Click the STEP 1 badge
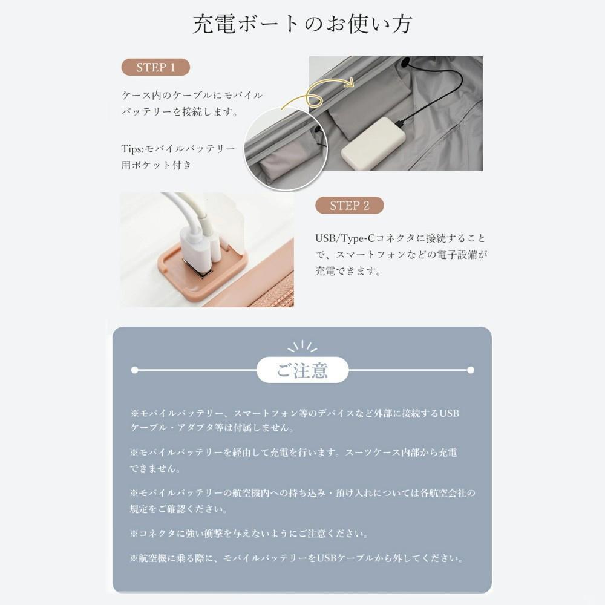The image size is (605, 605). [155, 67]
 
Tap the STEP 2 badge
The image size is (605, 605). [349, 206]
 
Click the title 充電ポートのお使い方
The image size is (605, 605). [302, 24]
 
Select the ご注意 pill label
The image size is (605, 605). [302, 370]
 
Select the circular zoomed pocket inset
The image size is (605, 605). [286, 149]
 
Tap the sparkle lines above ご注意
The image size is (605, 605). [302, 347]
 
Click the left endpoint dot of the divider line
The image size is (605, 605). [134, 370]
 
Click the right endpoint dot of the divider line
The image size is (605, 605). [471, 370]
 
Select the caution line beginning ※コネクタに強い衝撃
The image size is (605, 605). [250, 534]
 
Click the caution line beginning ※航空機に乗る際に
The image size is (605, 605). [297, 558]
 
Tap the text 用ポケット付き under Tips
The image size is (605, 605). [156, 165]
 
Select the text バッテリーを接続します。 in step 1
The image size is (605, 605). [180, 112]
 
